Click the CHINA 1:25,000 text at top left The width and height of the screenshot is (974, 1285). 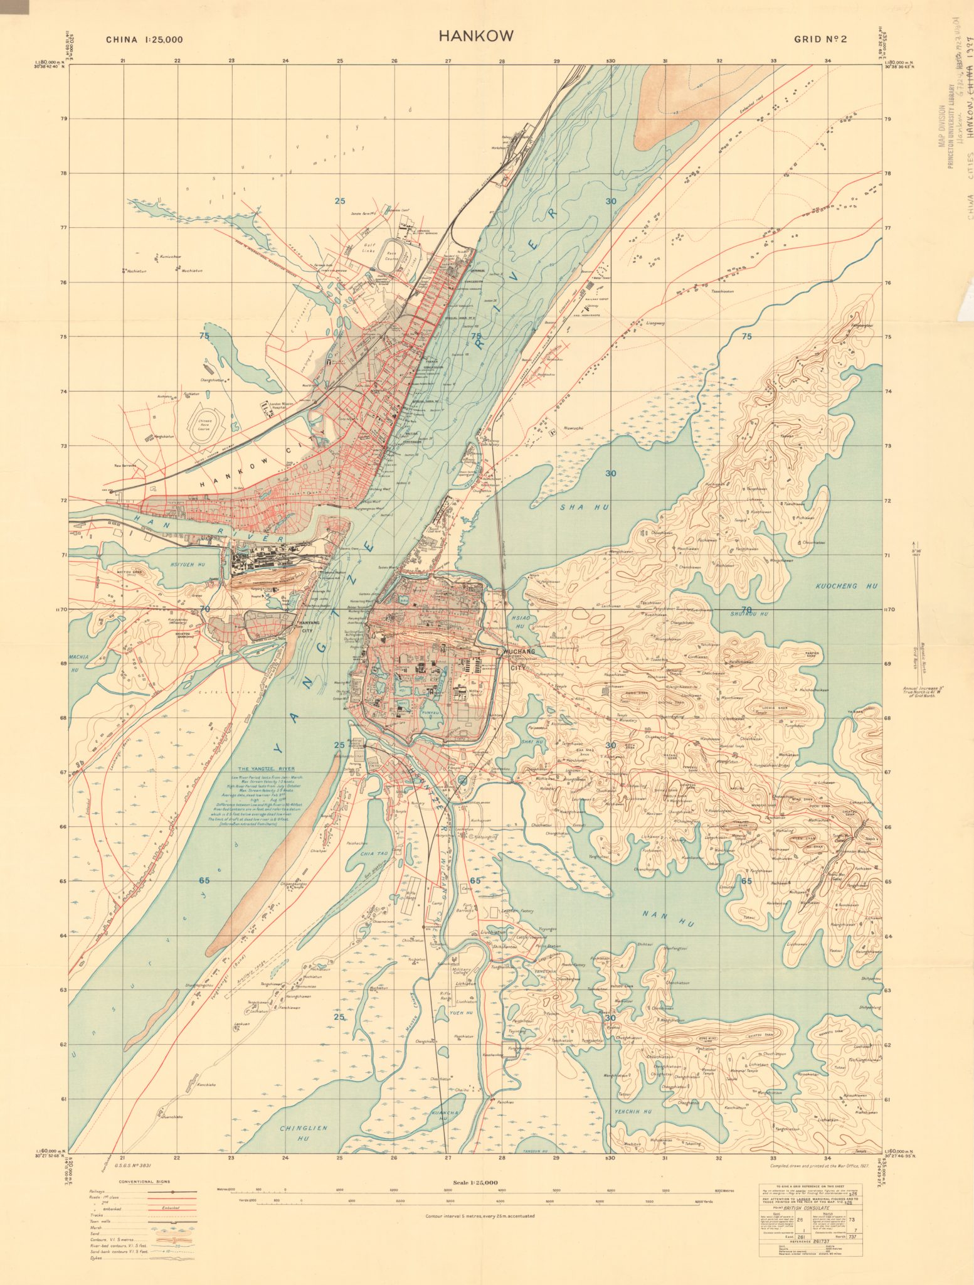(x=144, y=39)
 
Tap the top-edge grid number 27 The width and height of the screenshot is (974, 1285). (x=448, y=61)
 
